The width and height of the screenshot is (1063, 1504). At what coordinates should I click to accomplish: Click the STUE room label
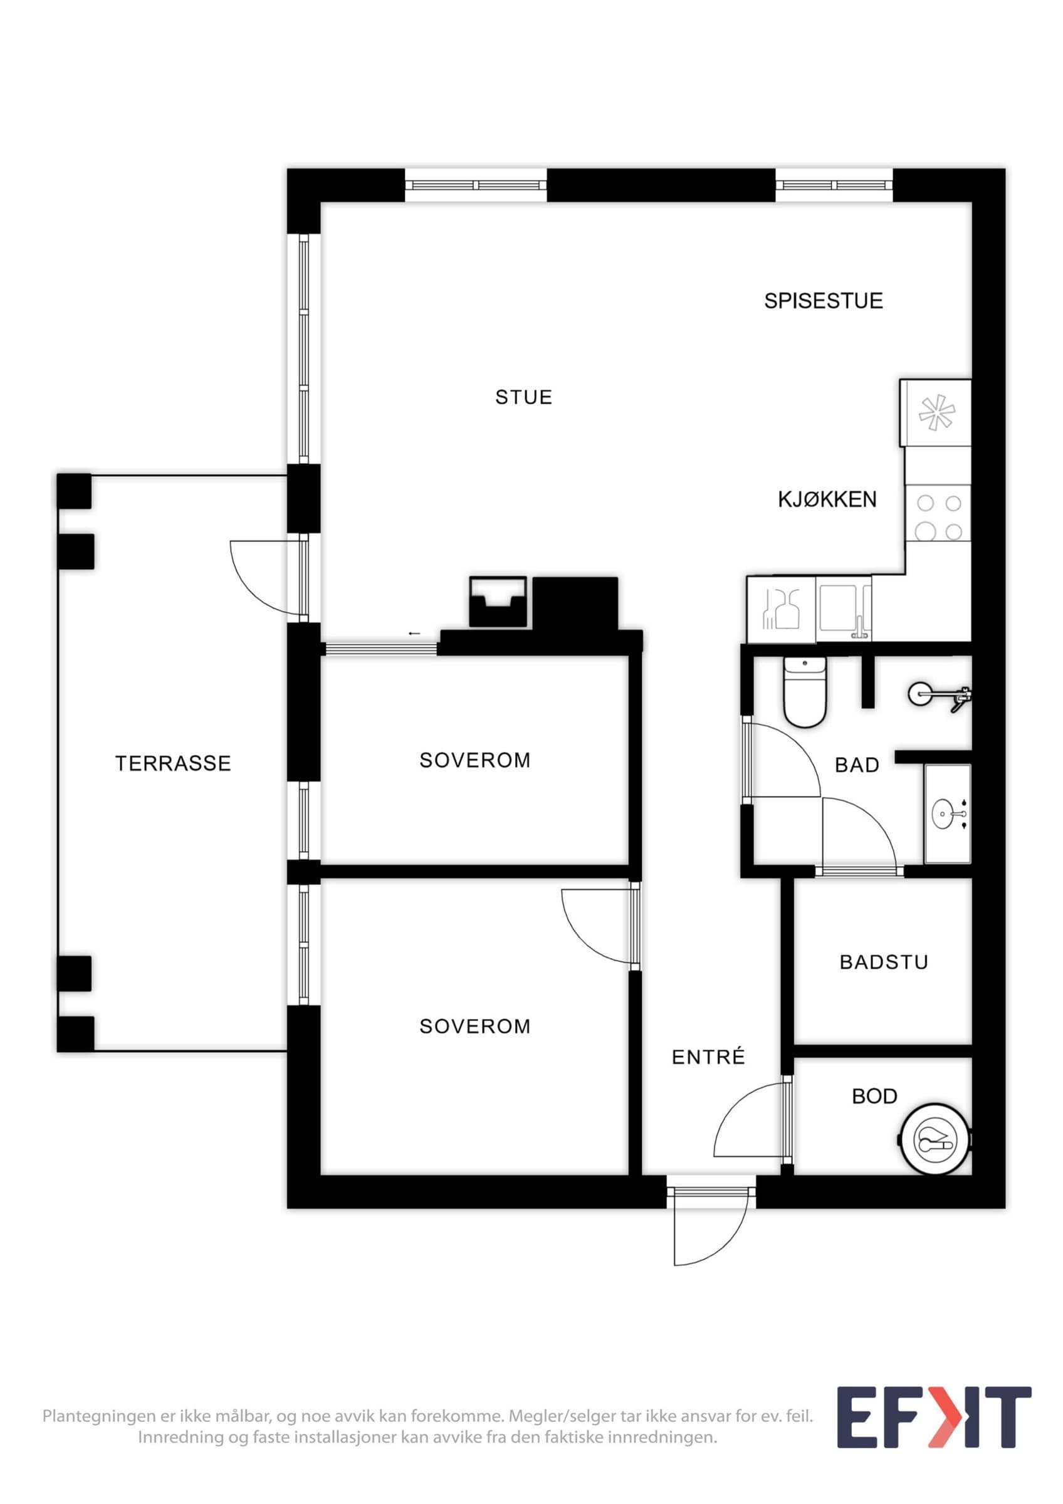[523, 397]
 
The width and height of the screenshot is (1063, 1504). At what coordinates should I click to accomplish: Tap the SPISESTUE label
[824, 301]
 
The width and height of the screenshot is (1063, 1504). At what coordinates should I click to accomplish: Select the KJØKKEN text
[827, 499]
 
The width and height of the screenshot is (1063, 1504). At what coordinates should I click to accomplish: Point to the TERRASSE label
[173, 763]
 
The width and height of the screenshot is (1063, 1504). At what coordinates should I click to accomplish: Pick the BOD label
[874, 1096]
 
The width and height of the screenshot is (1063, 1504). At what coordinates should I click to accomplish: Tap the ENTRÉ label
[709, 1057]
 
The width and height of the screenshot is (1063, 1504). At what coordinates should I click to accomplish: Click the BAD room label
[857, 765]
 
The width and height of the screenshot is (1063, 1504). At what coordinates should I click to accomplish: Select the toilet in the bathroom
[805, 692]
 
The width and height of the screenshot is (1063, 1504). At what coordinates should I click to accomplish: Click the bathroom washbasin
[948, 813]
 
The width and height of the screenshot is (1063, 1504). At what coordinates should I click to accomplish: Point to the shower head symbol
[938, 695]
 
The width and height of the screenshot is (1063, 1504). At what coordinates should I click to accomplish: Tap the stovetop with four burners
[938, 518]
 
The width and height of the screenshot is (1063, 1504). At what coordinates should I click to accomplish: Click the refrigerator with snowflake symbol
[936, 413]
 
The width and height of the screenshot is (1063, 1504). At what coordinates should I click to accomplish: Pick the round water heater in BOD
[935, 1141]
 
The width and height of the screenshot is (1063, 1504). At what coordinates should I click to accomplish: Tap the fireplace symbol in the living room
[498, 602]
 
